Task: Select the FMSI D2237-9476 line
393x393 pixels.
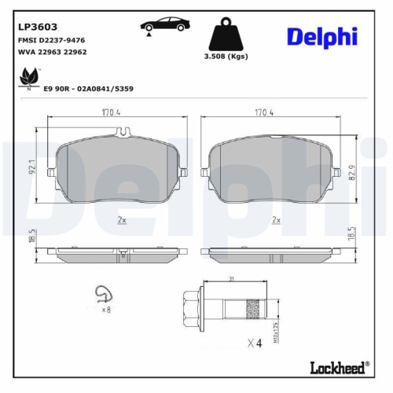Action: (x=51, y=39)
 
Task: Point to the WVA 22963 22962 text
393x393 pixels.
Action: (x=52, y=51)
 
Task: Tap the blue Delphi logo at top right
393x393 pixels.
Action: (x=321, y=36)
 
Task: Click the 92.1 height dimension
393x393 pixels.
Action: (x=32, y=167)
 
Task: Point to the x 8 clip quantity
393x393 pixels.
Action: (x=105, y=310)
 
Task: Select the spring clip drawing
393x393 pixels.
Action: (x=100, y=294)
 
